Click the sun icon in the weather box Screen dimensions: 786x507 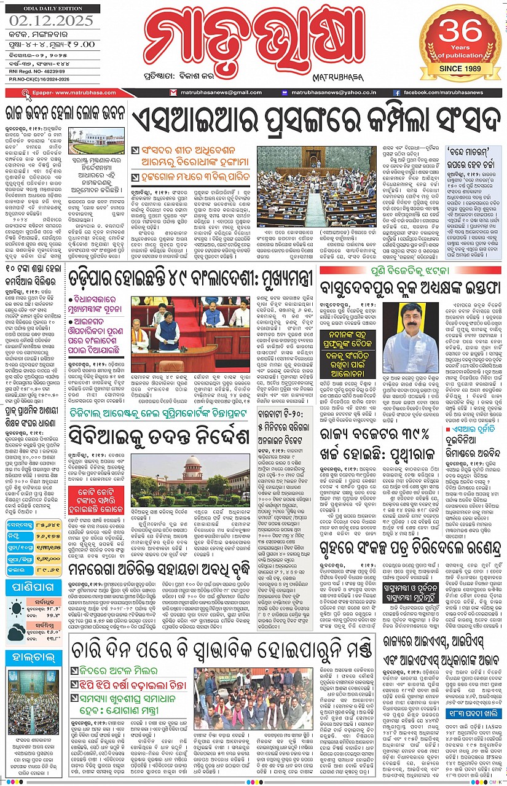(x=17, y=609)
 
